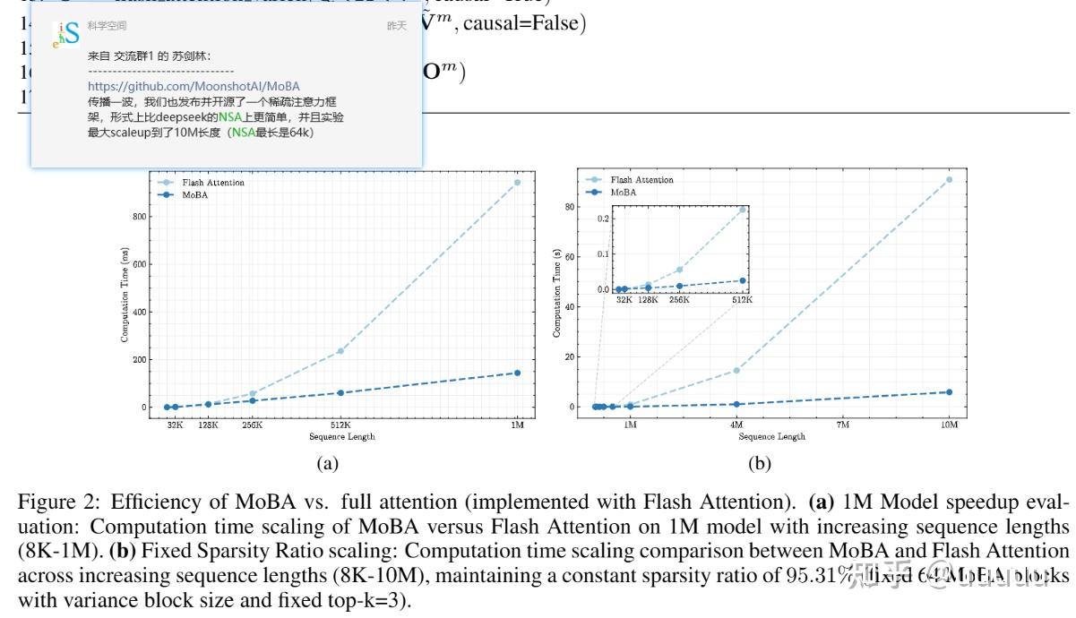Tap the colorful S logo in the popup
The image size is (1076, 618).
click(66, 32)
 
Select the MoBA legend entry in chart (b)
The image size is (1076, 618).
click(624, 192)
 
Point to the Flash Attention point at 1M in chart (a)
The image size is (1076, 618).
click(517, 183)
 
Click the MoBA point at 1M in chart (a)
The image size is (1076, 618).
click(517, 373)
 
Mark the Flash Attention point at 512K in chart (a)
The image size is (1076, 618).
click(340, 351)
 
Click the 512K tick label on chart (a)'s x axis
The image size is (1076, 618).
click(340, 425)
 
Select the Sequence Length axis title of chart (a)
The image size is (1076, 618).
click(341, 436)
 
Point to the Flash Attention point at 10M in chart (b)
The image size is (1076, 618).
click(949, 180)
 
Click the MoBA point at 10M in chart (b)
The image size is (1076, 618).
click(949, 392)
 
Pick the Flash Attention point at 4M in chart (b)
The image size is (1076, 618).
click(736, 370)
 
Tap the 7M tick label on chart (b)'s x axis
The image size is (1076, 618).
click(842, 425)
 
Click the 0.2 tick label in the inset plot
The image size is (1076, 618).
click(602, 218)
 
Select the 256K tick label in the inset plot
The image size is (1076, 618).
click(679, 299)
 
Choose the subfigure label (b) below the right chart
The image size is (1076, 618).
click(759, 463)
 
